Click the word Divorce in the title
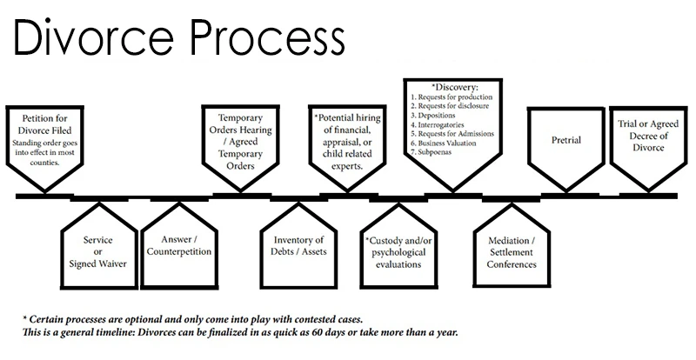point(94,37)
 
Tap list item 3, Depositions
point(432,116)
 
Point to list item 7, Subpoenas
point(431,152)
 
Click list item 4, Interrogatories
point(438,124)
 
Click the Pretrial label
point(566,140)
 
